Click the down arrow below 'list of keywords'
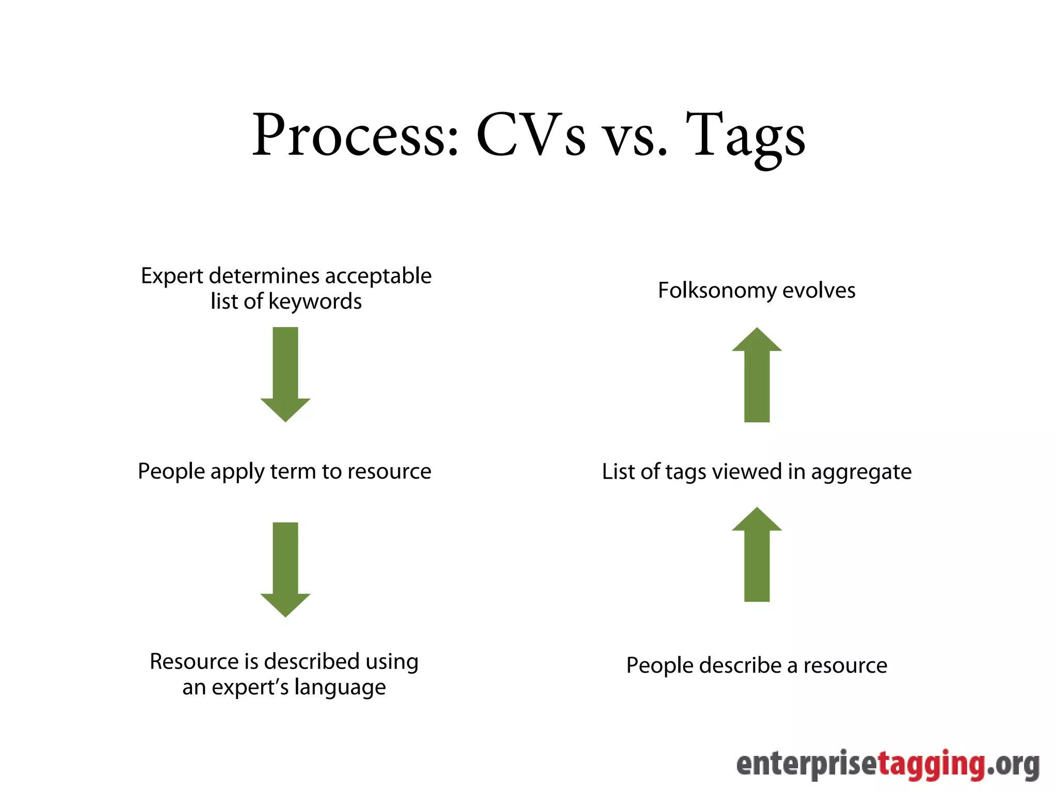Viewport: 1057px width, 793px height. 285,374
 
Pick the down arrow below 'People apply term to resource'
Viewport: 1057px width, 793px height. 285,569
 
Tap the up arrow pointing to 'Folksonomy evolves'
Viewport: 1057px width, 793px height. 757,374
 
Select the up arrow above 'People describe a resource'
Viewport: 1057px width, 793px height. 757,554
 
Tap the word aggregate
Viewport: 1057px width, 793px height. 861,472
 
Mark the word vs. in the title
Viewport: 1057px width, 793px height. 635,137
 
